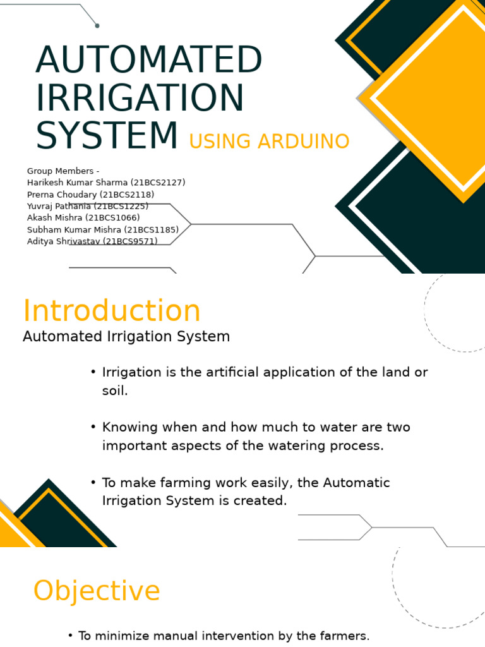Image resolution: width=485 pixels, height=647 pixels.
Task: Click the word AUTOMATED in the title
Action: click(x=149, y=61)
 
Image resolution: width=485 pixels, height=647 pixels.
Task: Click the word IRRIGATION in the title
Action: click(x=140, y=98)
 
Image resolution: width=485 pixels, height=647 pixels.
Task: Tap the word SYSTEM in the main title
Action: click(x=107, y=136)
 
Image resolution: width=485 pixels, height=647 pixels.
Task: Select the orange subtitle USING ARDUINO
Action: click(x=269, y=142)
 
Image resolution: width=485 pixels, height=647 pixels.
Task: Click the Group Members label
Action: click(x=63, y=171)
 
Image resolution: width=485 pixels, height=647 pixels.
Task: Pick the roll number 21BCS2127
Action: click(x=158, y=183)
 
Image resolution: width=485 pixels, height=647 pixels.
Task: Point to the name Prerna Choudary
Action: click(x=61, y=195)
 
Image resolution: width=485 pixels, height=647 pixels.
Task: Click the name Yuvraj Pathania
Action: click(x=59, y=206)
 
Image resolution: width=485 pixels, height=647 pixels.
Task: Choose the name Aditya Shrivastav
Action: click(x=63, y=241)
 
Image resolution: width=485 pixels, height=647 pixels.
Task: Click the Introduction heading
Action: click(x=112, y=311)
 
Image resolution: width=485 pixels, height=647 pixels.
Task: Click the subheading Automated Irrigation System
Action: click(x=126, y=337)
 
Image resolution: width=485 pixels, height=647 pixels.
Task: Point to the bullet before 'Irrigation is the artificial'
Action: click(x=93, y=372)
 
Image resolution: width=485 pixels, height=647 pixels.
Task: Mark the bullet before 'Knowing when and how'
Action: click(x=93, y=427)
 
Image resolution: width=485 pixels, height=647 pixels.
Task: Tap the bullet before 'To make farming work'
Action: click(x=93, y=483)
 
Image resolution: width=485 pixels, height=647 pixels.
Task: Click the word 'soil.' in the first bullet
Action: click(x=115, y=390)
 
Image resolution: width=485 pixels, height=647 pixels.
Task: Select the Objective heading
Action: click(x=97, y=591)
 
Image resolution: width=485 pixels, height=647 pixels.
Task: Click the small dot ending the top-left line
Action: click(x=97, y=25)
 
